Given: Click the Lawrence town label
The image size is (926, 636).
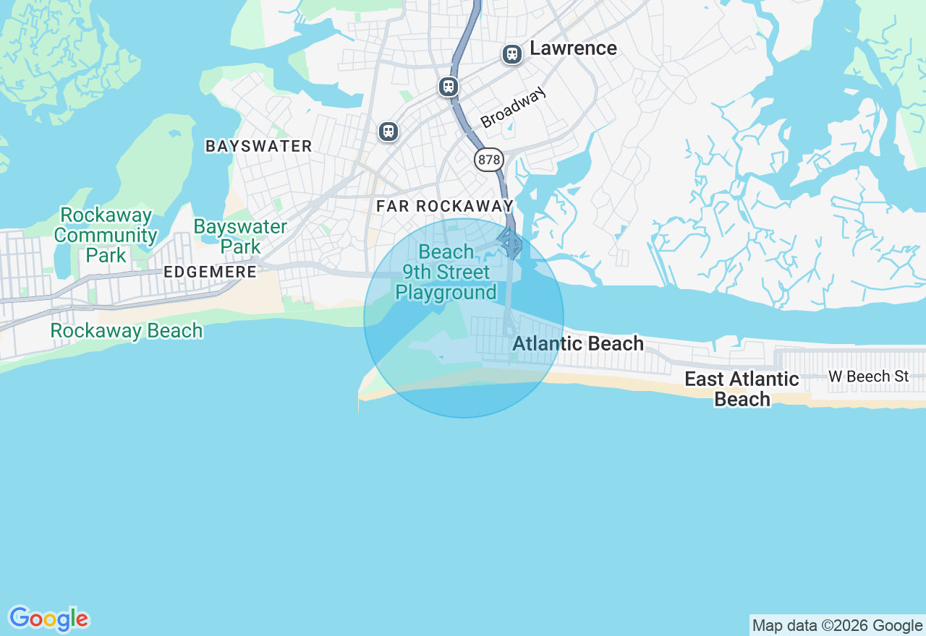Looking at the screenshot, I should [573, 48].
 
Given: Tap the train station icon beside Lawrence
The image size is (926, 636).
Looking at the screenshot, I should [512, 54].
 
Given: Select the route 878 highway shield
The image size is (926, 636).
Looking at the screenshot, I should [489, 160].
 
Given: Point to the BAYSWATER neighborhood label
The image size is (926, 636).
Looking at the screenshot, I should [259, 146].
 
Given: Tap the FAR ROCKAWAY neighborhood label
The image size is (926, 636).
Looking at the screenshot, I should [444, 206].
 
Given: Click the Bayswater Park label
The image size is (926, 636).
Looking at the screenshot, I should [240, 236].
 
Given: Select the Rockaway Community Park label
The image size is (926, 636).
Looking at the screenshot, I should [106, 235].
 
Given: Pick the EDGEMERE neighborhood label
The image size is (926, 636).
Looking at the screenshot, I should [210, 272].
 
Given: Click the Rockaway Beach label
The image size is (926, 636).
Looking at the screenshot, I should [126, 330].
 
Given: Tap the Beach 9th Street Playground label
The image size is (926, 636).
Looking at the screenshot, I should [446, 272].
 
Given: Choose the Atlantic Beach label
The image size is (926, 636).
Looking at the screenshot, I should [577, 343].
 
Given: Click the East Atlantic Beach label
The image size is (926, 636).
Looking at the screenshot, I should [742, 389].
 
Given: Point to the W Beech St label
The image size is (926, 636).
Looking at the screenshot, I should [868, 376].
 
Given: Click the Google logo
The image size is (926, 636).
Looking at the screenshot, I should [48, 619].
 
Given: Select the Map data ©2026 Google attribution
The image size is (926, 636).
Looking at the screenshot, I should [837, 626].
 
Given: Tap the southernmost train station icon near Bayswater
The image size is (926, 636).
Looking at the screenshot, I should [388, 132].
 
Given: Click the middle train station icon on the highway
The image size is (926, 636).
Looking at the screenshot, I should [449, 87].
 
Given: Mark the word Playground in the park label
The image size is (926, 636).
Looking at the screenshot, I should [446, 293].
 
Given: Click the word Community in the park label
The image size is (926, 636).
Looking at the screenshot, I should [106, 235].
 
